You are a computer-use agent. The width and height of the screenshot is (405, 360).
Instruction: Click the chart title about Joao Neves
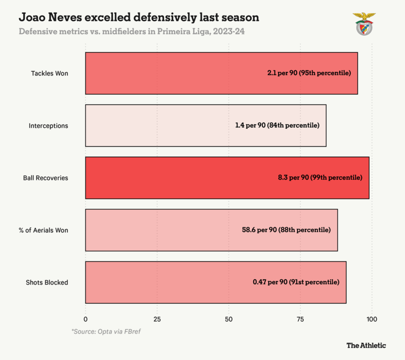coord(139,18)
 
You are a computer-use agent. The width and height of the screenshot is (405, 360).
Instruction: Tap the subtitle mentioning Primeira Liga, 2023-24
coord(134,32)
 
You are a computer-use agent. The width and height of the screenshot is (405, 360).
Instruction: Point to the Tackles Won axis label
coord(49,73)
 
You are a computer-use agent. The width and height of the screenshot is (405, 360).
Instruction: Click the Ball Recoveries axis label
coord(46,178)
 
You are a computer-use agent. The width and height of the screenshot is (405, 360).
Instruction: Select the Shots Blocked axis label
coord(47,282)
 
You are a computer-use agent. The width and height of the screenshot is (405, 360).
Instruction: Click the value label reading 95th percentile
coord(309,73)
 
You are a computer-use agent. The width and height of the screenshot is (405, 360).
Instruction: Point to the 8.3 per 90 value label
coord(320,178)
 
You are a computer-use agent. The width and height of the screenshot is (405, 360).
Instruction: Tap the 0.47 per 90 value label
coord(296,282)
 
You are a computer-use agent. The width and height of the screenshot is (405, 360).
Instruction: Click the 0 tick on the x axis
coord(85,319)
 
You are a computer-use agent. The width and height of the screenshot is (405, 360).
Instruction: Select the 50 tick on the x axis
coord(228,319)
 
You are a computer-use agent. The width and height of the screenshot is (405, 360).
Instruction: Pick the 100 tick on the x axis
coord(371,319)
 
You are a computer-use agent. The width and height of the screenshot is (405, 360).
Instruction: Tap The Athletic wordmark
coord(366,345)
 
